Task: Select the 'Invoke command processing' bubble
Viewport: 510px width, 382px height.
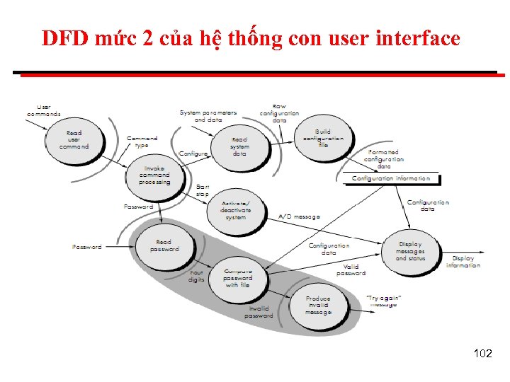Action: pos(154,175)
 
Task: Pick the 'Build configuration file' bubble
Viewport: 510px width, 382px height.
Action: pos(323,138)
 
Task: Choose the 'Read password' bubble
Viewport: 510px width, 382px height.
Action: pos(164,246)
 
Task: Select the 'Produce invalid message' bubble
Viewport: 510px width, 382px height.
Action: pos(318,305)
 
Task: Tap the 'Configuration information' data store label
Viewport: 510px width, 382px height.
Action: pos(391,179)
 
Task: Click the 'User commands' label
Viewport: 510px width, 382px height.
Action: pos(43,110)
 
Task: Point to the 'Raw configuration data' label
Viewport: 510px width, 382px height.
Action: pos(279,113)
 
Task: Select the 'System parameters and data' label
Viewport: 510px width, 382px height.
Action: pos(208,116)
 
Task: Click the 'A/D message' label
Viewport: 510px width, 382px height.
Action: pos(299,216)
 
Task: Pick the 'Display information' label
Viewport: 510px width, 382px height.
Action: pos(463,262)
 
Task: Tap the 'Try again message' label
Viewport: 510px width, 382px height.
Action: pos(384,301)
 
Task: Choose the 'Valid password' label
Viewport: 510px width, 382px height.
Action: pos(351,270)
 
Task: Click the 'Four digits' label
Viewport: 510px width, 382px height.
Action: pos(196,276)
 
